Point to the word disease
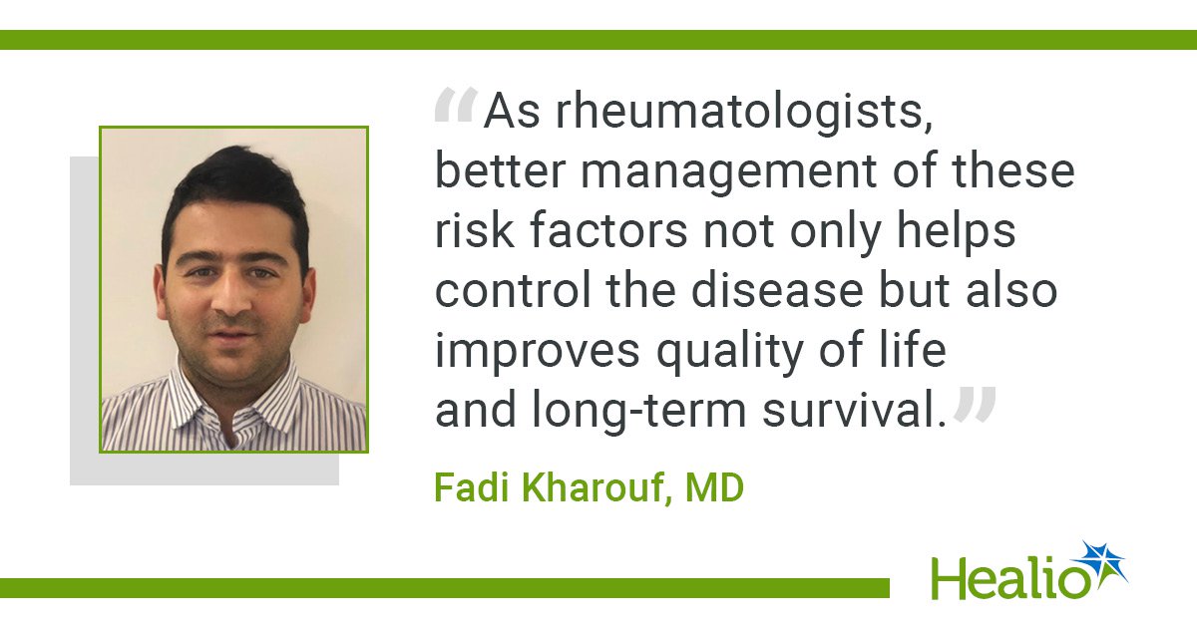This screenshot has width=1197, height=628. pos(777,290)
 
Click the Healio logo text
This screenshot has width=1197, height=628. pos(1009,578)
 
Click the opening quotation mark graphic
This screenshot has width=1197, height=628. pos(456,105)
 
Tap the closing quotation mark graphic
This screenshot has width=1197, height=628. pos(975,405)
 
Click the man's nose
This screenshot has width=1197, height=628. pos(233,300)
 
